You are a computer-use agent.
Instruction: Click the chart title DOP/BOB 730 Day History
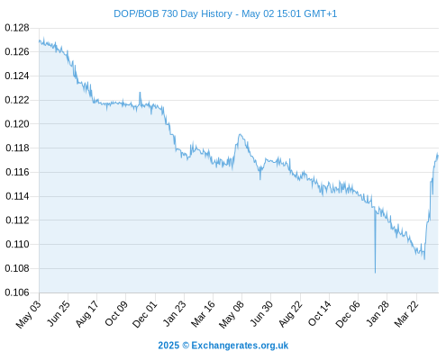point(173,13)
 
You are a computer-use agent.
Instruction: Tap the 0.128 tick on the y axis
point(17,28)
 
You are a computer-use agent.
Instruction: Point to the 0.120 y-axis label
point(17,124)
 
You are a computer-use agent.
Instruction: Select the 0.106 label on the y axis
point(17,292)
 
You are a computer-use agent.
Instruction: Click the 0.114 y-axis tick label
point(17,196)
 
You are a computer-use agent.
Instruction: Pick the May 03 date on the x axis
point(28,314)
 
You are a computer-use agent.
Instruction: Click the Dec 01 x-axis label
point(144,314)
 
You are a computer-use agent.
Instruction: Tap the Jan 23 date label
point(174,314)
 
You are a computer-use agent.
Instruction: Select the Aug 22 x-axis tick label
point(290,314)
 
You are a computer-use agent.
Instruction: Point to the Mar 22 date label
point(406,314)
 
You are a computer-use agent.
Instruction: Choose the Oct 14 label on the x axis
point(319,314)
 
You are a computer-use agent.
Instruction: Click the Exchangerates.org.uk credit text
point(240,346)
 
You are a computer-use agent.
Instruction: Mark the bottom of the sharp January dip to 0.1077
point(375,273)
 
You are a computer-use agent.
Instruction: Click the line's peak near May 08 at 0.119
point(240,134)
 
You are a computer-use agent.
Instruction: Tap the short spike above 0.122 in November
point(140,93)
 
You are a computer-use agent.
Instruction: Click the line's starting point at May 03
point(39,41)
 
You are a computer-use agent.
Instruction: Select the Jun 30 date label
point(261,314)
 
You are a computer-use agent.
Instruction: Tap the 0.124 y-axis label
point(17,76)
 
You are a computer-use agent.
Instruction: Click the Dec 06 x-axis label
point(348,314)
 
